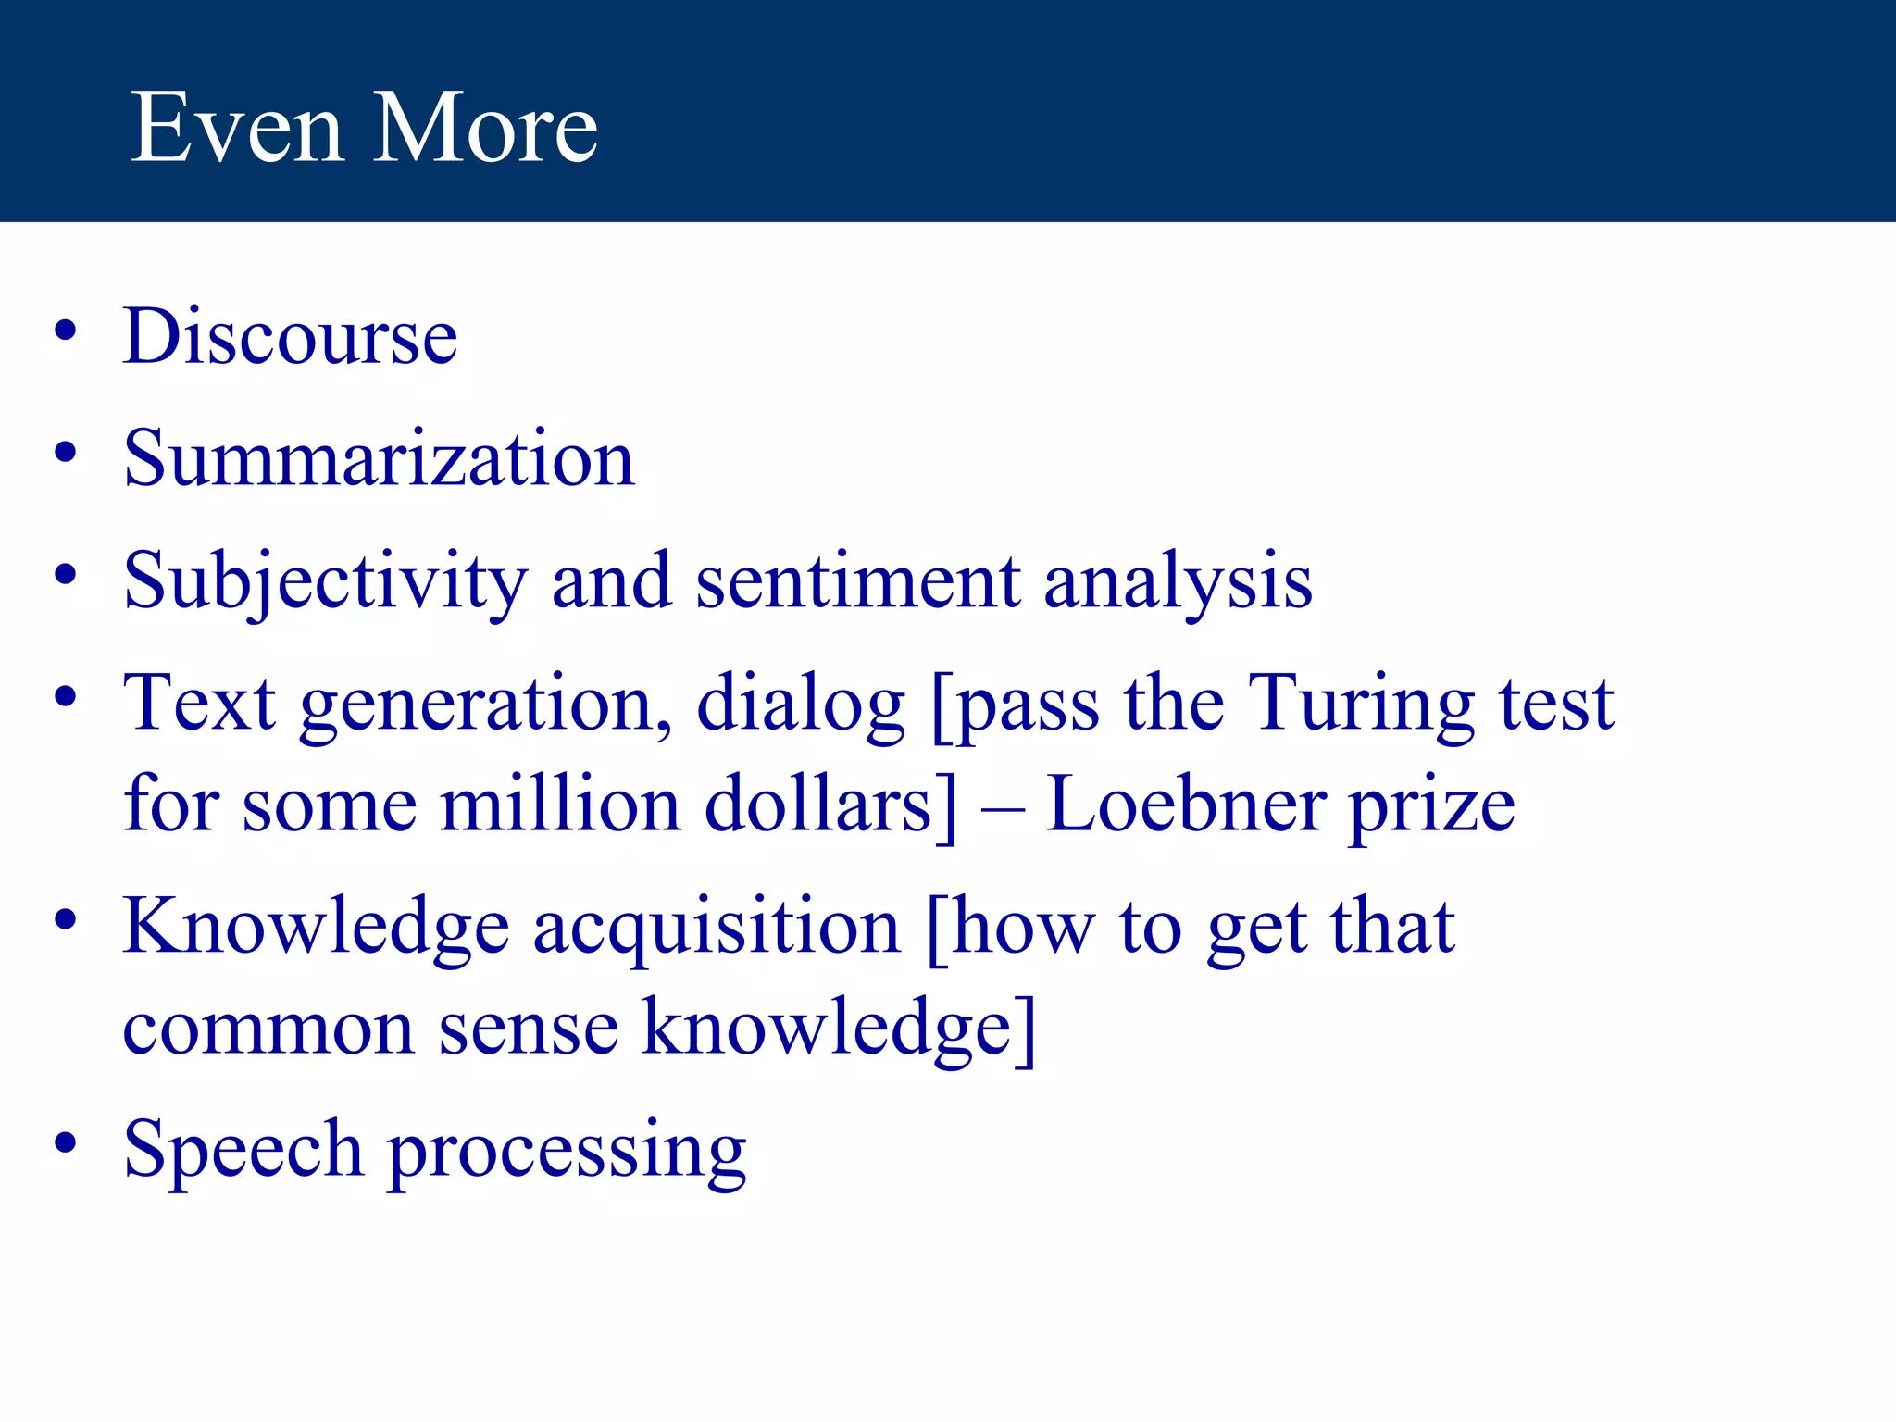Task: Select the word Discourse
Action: point(290,337)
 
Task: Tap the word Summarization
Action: point(379,459)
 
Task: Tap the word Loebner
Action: point(1186,804)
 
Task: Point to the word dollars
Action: point(829,804)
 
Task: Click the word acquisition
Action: point(716,929)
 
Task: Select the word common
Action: point(268,1029)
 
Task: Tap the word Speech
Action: point(243,1151)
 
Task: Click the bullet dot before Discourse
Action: point(65,331)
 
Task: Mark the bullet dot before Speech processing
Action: point(65,1144)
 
